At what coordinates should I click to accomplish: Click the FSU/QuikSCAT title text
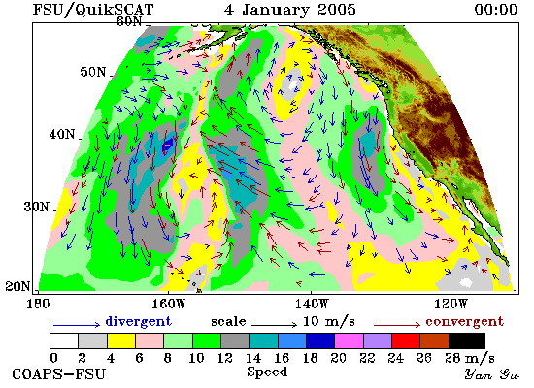[93, 10]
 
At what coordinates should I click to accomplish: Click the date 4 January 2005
[290, 9]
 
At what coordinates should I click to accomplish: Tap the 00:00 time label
[496, 9]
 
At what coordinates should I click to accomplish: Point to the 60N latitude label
[129, 21]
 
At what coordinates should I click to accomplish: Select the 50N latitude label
[93, 72]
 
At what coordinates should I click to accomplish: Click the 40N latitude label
[62, 134]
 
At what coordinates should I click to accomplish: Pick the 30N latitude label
[37, 207]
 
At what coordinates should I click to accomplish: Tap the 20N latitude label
[17, 286]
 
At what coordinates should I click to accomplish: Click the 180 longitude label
[38, 304]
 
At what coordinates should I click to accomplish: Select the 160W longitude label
[168, 304]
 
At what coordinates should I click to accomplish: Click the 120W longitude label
[451, 304]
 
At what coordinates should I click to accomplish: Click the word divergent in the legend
[139, 322]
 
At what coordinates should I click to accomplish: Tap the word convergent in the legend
[464, 322]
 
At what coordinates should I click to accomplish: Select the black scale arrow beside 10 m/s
[274, 325]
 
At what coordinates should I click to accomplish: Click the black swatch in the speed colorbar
[467, 341]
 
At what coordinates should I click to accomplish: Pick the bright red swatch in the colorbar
[406, 341]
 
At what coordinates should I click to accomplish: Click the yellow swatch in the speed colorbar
[121, 341]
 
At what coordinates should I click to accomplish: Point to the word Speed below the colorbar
[267, 372]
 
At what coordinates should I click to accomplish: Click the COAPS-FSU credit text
[58, 374]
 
